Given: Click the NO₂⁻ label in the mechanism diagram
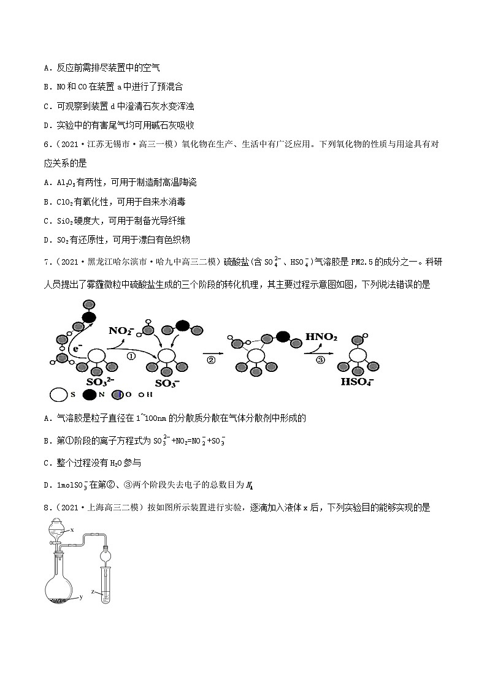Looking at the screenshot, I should (121, 331).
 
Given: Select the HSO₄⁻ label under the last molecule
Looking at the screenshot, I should (359, 382).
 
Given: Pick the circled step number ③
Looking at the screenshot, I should (320, 360).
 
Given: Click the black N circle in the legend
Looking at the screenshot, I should (89, 395).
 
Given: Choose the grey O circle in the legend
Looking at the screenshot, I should (117, 395).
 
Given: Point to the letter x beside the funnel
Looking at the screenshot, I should (72, 529).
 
